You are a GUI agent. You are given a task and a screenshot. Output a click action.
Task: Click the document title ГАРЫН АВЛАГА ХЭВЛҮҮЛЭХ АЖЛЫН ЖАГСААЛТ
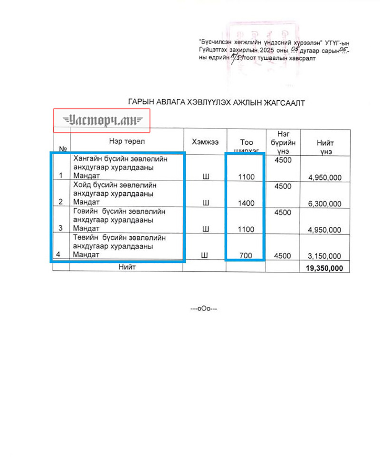click(216, 102)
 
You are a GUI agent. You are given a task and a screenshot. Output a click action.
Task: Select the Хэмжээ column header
click(205, 141)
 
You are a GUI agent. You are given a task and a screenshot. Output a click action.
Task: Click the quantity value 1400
click(246, 203)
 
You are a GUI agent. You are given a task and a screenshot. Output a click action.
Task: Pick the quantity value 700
click(246, 256)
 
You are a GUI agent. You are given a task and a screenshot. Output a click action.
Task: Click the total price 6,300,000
click(324, 204)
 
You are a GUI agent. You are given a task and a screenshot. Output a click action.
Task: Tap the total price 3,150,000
click(324, 256)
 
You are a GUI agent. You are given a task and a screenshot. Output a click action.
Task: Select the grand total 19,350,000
click(325, 269)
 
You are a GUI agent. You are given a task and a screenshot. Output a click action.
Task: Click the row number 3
click(60, 228)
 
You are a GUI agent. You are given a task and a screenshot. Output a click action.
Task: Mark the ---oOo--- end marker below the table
click(204, 309)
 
